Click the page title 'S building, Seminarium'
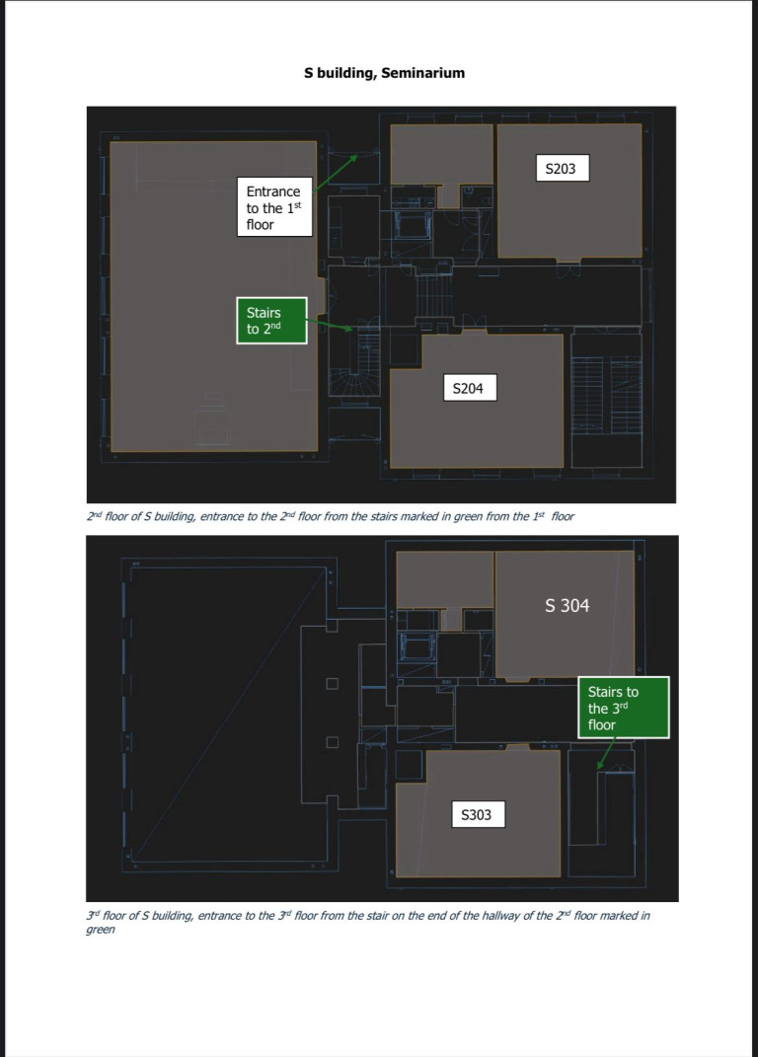coord(384,73)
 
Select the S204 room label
coord(470,388)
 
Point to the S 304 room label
coord(568,605)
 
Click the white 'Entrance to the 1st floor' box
coord(274,207)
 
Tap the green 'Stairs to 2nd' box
coord(271,320)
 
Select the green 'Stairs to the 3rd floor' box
coord(624,708)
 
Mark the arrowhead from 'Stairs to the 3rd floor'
coord(600,765)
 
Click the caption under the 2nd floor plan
coord(331,516)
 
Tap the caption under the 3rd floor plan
coord(368,922)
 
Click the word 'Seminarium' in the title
coord(422,73)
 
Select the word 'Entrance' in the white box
coord(273,191)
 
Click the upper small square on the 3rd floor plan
coord(333,684)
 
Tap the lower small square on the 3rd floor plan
coord(333,742)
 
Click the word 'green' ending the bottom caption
coord(101,930)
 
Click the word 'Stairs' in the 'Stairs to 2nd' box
coord(264,313)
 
